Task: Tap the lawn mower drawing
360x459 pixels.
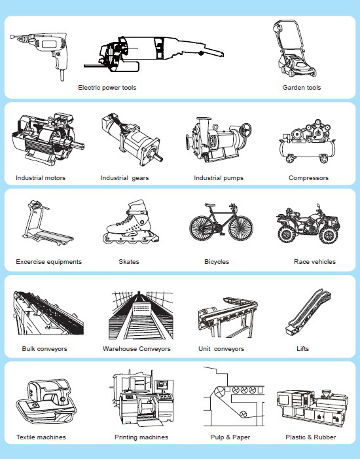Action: point(294,50)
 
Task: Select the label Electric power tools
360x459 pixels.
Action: point(107,88)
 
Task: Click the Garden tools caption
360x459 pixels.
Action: point(302,88)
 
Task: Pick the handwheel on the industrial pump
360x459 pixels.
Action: point(245,129)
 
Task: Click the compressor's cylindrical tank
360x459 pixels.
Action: point(307,149)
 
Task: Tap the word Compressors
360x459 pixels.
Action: point(308,178)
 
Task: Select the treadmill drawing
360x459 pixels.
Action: point(47,224)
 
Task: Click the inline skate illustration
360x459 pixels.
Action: point(131,223)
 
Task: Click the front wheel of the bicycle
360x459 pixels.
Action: point(241,228)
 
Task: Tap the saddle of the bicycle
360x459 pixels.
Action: point(210,204)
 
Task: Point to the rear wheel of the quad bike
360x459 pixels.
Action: point(287,234)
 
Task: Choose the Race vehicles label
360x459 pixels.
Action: point(315,262)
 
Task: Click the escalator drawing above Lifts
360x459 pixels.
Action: point(308,312)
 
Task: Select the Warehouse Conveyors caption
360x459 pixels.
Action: point(136,348)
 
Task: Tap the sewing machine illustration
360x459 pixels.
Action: point(46,401)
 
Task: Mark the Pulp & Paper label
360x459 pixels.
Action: point(230,437)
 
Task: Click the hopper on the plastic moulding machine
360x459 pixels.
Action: point(326,394)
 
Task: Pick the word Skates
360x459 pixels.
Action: point(129,262)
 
